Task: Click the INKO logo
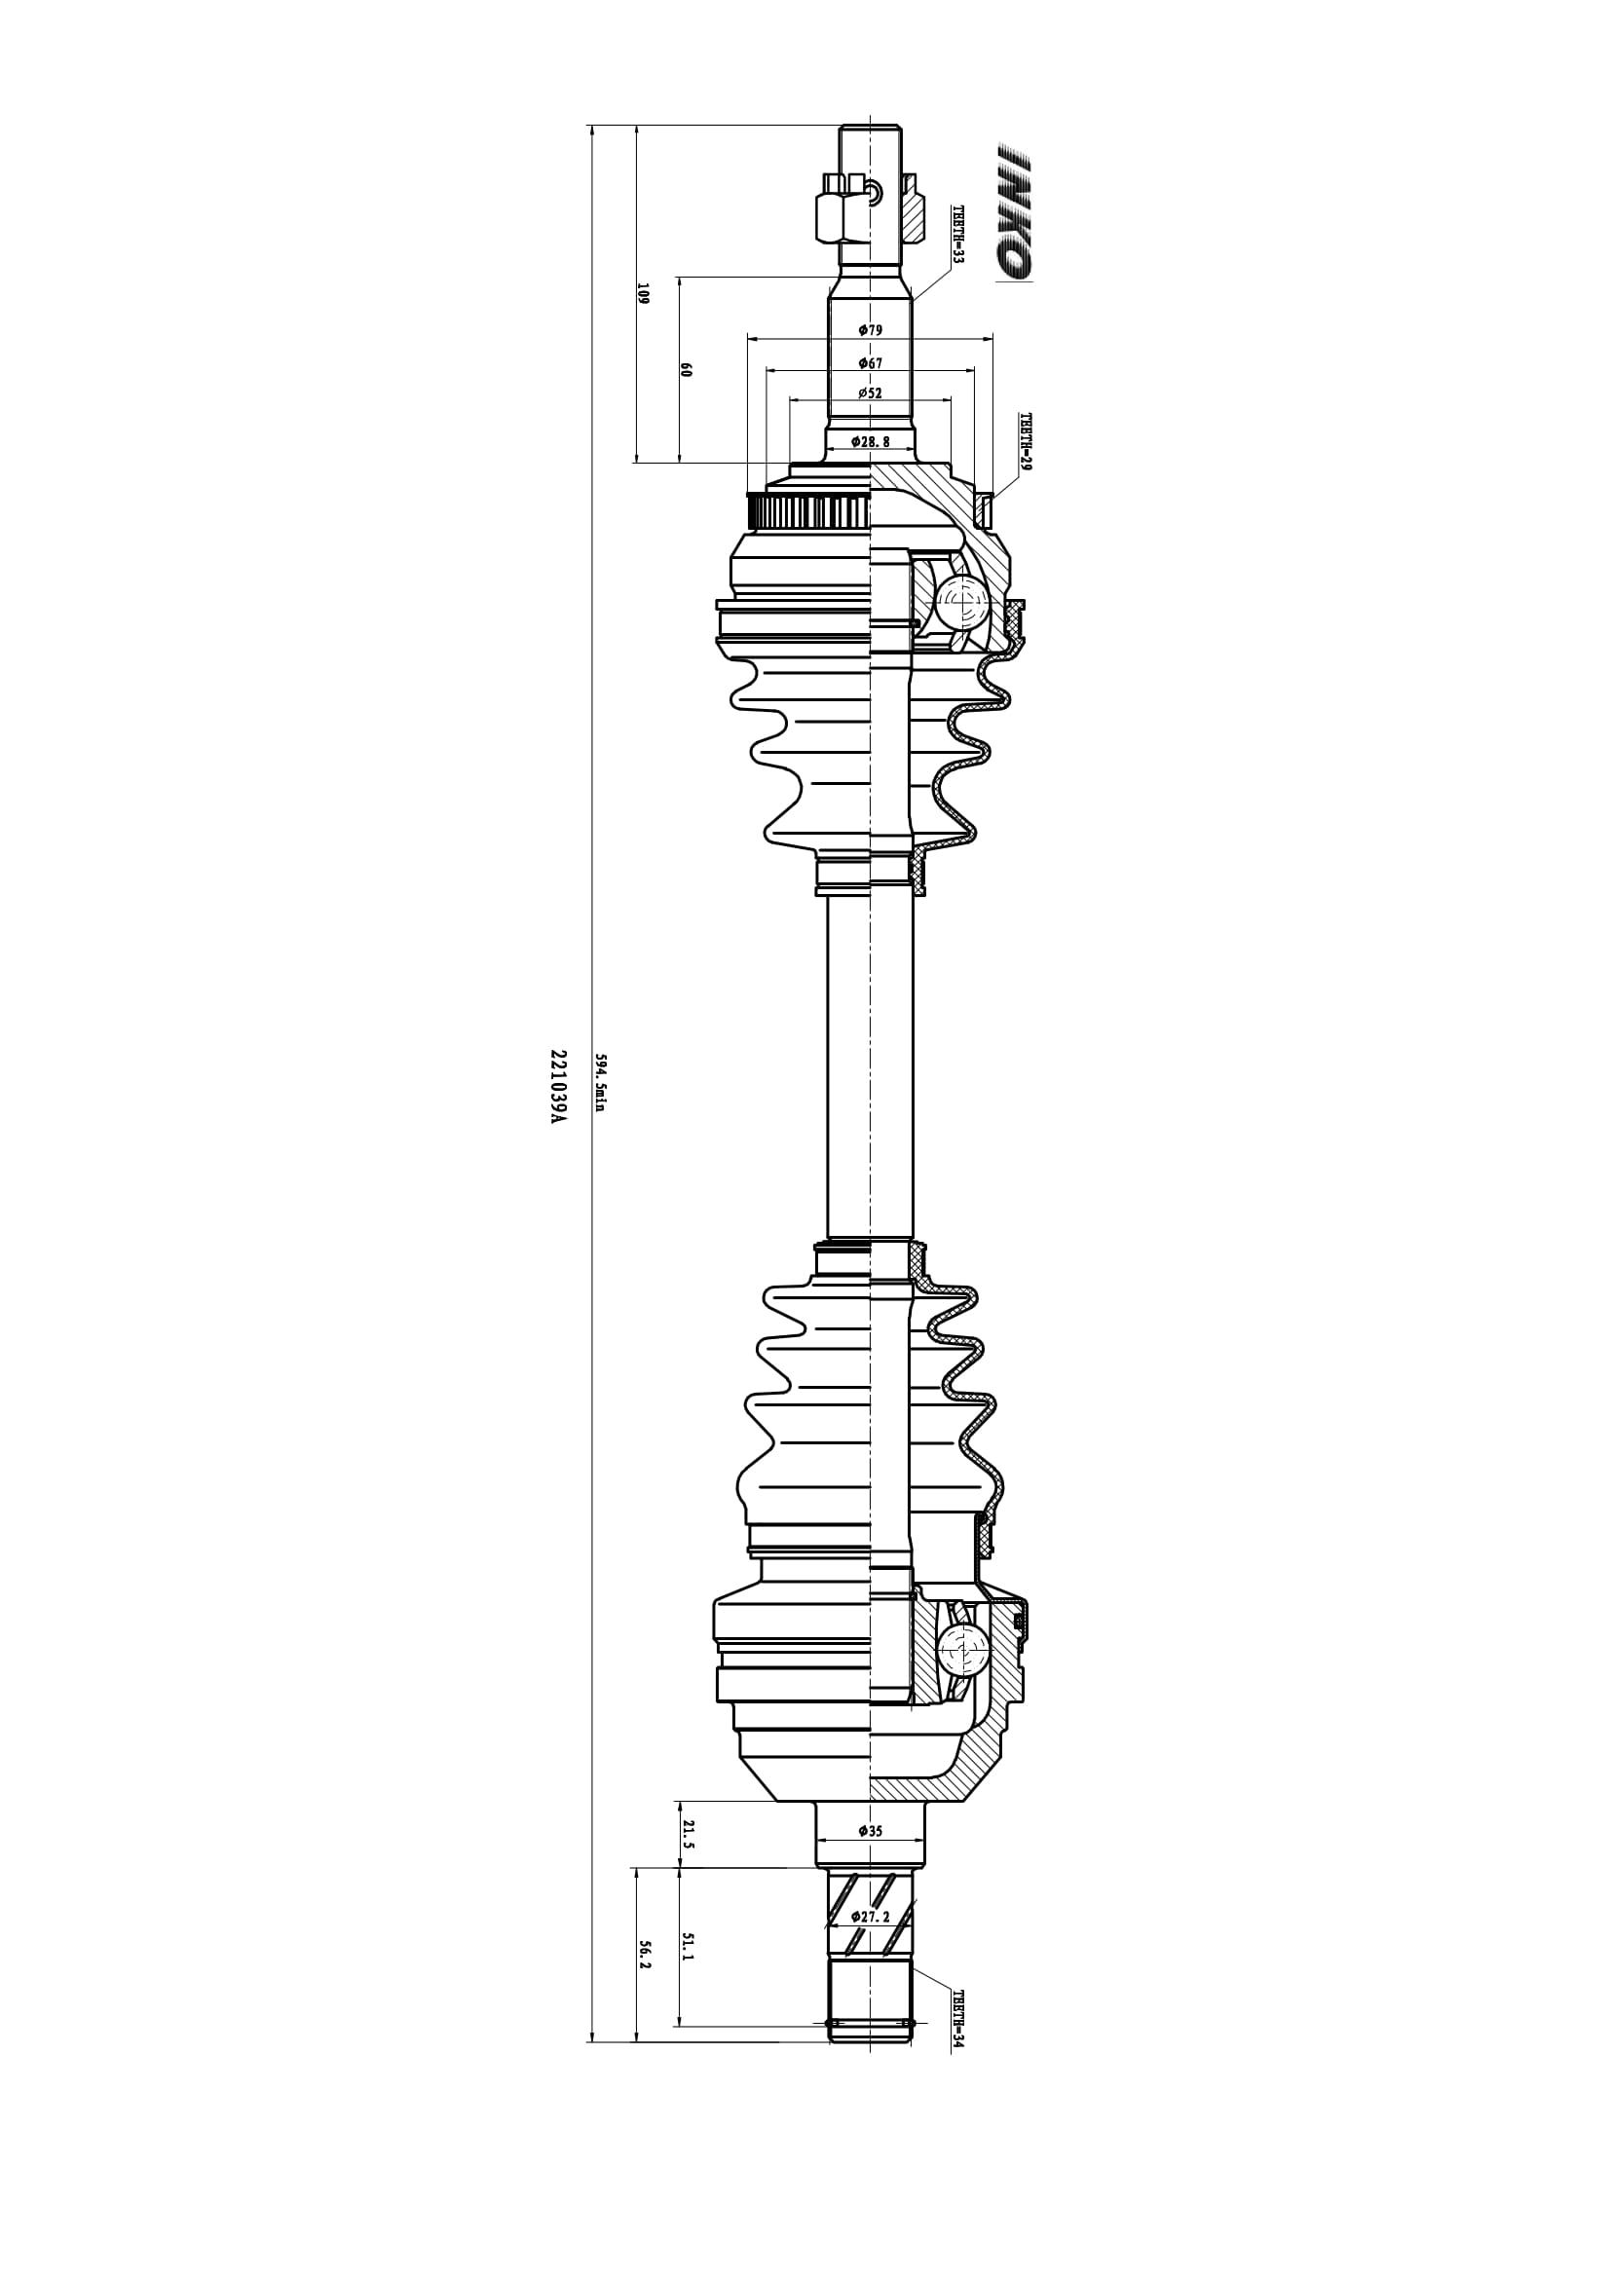click(1015, 212)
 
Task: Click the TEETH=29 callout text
click(1026, 442)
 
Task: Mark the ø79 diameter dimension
click(870, 329)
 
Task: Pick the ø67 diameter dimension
click(870, 363)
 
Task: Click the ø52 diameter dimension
click(870, 392)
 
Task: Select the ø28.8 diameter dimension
click(870, 440)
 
